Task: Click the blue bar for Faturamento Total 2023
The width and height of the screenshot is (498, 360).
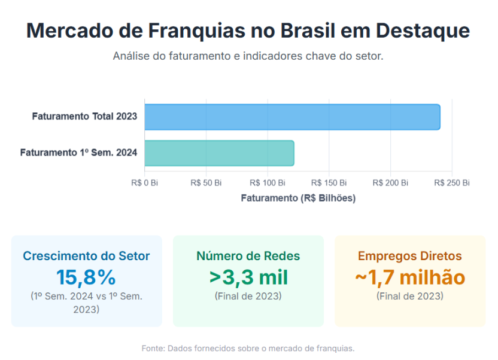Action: pyautogui.click(x=292, y=117)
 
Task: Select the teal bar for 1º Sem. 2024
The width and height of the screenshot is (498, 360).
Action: pyautogui.click(x=219, y=153)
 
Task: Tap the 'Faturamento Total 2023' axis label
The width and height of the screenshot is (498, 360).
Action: pyautogui.click(x=84, y=117)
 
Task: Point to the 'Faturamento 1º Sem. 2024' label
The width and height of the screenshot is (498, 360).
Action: pyautogui.click(x=78, y=153)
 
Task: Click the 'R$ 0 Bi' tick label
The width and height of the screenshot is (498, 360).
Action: pyautogui.click(x=144, y=183)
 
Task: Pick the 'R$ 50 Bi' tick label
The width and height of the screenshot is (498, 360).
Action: pyautogui.click(x=206, y=183)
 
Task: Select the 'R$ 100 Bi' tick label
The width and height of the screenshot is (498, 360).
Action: pyautogui.click(x=268, y=183)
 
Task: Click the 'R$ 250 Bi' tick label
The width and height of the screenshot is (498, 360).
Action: pyautogui.click(x=452, y=183)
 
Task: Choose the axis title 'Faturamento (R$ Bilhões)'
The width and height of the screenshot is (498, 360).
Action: pyautogui.click(x=298, y=198)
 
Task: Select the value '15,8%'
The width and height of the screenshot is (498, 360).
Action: pyautogui.click(x=86, y=277)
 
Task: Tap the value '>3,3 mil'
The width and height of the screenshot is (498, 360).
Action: pyautogui.click(x=248, y=277)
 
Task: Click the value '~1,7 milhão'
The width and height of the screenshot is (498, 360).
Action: pyautogui.click(x=410, y=277)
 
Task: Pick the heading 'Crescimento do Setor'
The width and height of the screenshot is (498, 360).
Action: pyautogui.click(x=86, y=256)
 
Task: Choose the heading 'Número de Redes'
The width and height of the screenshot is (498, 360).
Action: pyautogui.click(x=248, y=256)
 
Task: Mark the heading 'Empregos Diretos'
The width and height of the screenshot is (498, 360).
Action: pyautogui.click(x=410, y=256)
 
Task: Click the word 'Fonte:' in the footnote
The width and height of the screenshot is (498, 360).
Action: pyautogui.click(x=153, y=348)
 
